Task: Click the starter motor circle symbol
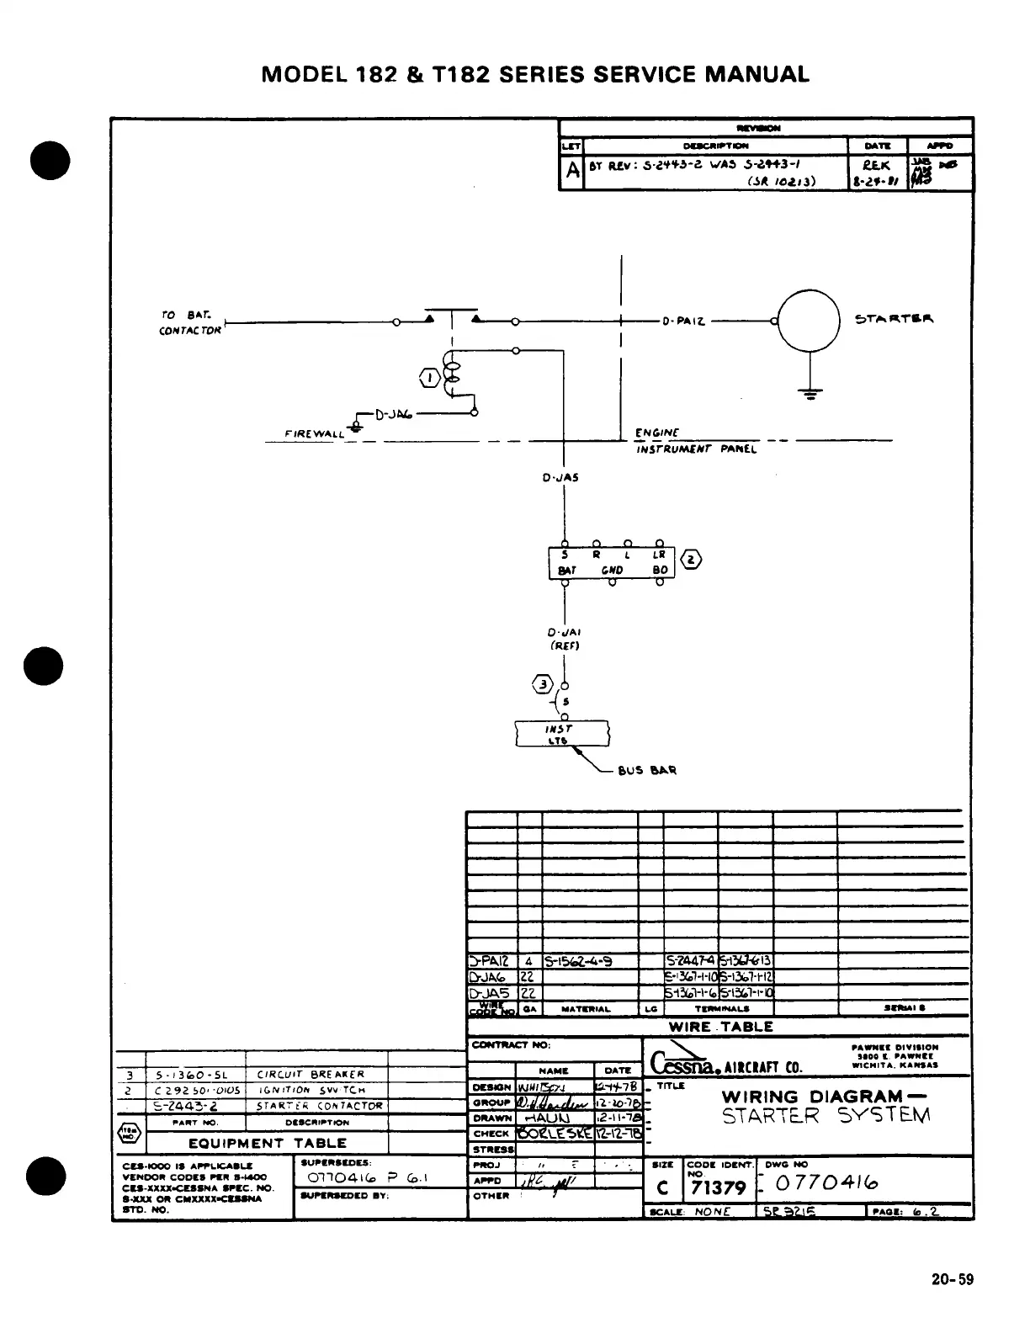[x=810, y=320]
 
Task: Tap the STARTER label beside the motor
[x=894, y=319]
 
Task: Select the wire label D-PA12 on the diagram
[x=682, y=321]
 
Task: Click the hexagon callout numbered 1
[x=429, y=378]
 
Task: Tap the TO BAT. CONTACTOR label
[x=190, y=322]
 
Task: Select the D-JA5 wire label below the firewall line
[x=560, y=477]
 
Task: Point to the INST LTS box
[x=561, y=734]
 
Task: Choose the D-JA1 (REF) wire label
[x=564, y=639]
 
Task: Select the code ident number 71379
[x=718, y=1187]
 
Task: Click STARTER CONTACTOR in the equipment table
[x=320, y=1106]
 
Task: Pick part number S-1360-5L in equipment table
[x=194, y=1075]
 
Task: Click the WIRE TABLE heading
[x=720, y=1027]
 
